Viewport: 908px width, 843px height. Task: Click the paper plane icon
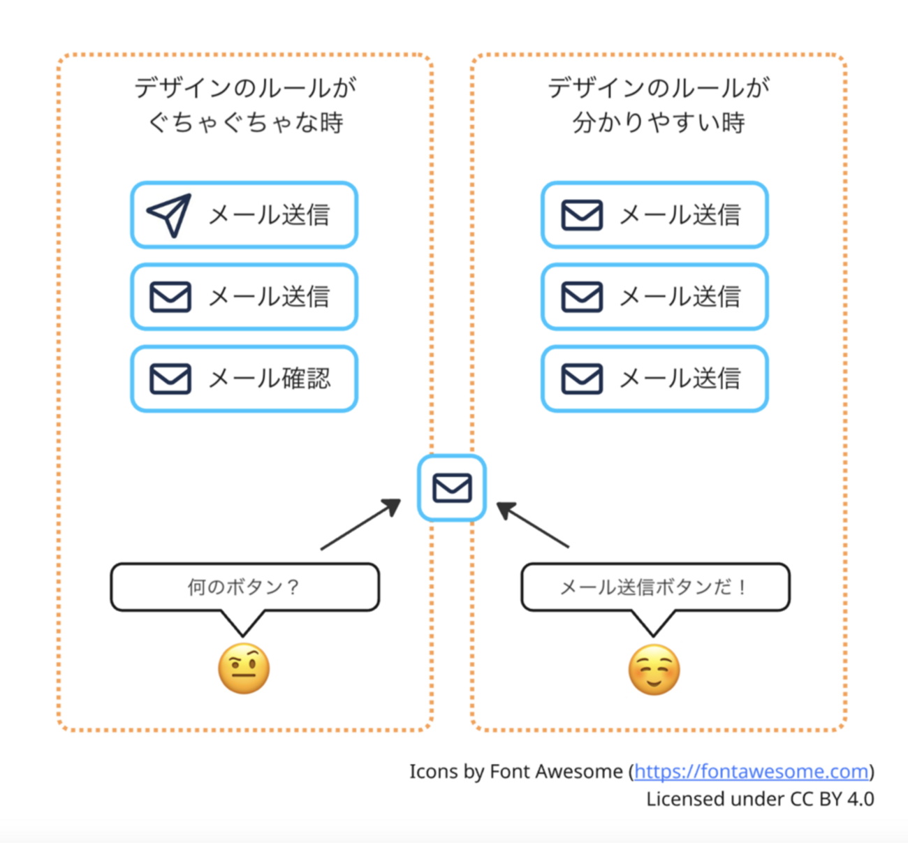coord(169,215)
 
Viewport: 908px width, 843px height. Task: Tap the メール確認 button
coord(244,379)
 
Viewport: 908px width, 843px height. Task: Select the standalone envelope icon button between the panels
coord(452,488)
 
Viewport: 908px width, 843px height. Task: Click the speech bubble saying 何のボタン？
coord(244,587)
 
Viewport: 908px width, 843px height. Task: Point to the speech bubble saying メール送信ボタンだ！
coord(654,587)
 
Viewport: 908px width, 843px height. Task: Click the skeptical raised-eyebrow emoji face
coord(244,669)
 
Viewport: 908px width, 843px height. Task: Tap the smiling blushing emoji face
coord(654,669)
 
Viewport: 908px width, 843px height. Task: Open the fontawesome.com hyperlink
coord(752,771)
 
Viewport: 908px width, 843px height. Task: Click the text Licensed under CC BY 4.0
coord(760,799)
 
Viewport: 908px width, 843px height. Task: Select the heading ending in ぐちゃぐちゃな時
coord(245,105)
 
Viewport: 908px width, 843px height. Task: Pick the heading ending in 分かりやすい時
coord(658,105)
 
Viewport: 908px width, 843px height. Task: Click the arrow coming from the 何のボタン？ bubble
coord(360,525)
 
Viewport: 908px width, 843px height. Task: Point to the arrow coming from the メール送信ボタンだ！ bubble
coord(533,524)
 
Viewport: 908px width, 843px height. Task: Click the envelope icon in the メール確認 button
coord(170,379)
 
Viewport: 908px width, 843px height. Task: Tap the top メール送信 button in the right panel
coord(654,215)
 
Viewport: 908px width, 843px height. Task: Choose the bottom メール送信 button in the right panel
coord(654,379)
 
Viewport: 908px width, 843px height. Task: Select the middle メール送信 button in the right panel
coord(654,297)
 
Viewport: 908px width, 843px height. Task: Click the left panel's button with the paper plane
coord(244,215)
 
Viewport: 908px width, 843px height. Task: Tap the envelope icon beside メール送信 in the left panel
coord(170,297)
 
